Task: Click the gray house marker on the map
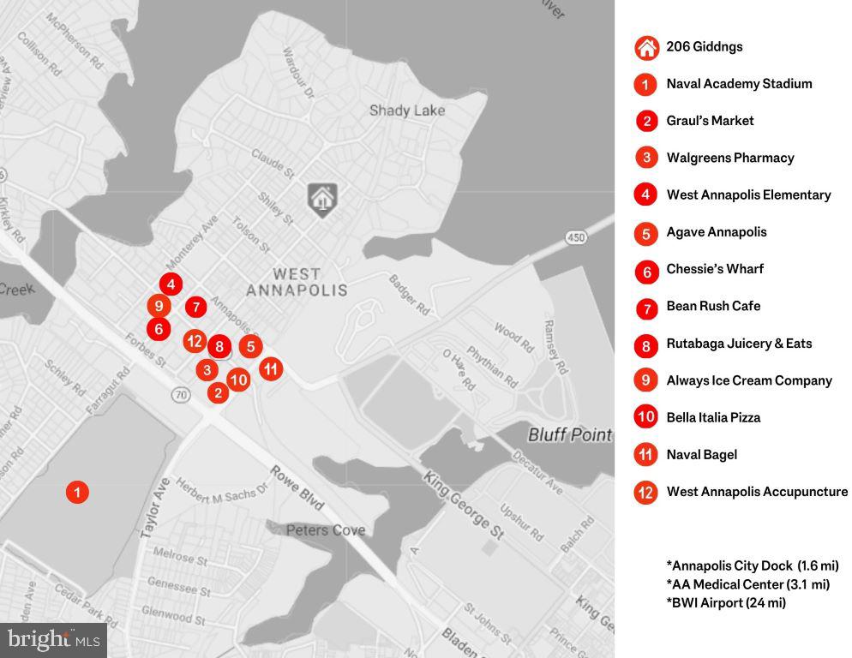coord(322,199)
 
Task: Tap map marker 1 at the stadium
coord(77,492)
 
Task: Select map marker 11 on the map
coord(270,369)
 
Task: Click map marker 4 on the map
coord(171,284)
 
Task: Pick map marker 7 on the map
coord(195,307)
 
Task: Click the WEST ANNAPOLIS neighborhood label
coord(297,282)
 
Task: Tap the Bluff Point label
coord(569,435)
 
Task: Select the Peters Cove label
coord(326,530)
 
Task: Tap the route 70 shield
coord(179,395)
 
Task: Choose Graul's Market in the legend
coord(710,121)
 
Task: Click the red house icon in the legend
coord(646,47)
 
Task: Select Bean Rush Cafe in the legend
coord(713,306)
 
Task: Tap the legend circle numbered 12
coord(646,493)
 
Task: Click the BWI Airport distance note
coord(726,602)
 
